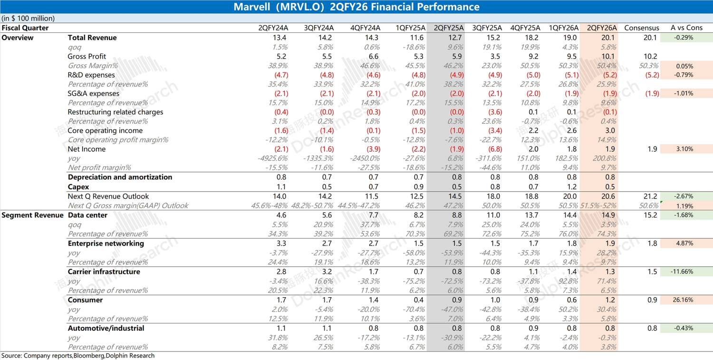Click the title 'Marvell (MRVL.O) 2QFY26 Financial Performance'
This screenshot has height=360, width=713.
tap(356, 7)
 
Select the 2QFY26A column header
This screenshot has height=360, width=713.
tap(602, 28)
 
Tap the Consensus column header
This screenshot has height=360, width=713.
tap(641, 28)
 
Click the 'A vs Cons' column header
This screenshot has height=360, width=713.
tap(686, 28)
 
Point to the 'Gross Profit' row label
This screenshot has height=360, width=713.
tap(87, 56)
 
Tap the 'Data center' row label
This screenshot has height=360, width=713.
tap(87, 215)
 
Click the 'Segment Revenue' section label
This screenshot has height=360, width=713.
tap(32, 215)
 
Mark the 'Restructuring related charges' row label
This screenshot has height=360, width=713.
tap(116, 112)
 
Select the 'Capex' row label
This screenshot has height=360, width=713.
tap(78, 187)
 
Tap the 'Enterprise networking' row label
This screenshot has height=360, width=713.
tap(106, 243)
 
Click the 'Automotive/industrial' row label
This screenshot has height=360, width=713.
tap(106, 328)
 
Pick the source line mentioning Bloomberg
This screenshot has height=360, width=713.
tap(78, 356)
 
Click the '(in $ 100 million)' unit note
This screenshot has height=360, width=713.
tap(28, 18)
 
